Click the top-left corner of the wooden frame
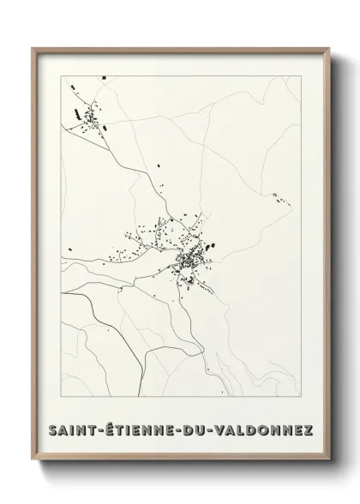(x=33, y=49)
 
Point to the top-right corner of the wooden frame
(x=327, y=49)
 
